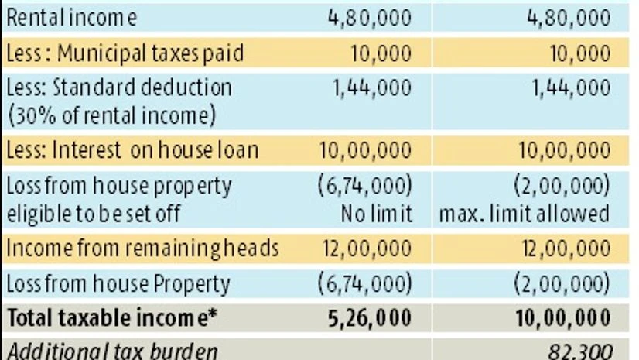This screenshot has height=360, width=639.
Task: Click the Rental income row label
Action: (71, 18)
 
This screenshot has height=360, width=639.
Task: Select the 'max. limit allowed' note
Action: (525, 213)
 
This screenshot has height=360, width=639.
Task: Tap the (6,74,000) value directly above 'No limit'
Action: (365, 186)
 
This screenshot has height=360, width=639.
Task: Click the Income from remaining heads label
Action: (142, 249)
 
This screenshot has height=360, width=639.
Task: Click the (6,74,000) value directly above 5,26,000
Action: (365, 284)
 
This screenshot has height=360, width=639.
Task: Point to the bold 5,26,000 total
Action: (372, 317)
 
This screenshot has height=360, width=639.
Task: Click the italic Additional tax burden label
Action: (111, 350)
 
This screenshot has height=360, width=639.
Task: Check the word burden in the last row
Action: (186, 350)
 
